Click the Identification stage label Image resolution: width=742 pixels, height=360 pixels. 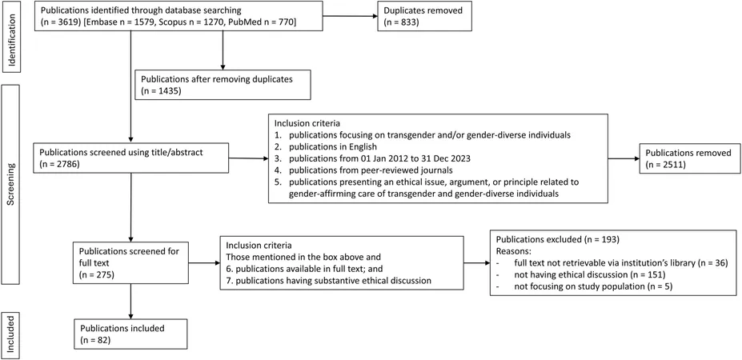(12, 37)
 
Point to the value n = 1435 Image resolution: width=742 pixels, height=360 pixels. (161, 90)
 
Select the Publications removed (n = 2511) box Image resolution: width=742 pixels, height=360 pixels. (688, 158)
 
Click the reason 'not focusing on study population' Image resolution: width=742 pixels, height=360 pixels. (584, 286)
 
